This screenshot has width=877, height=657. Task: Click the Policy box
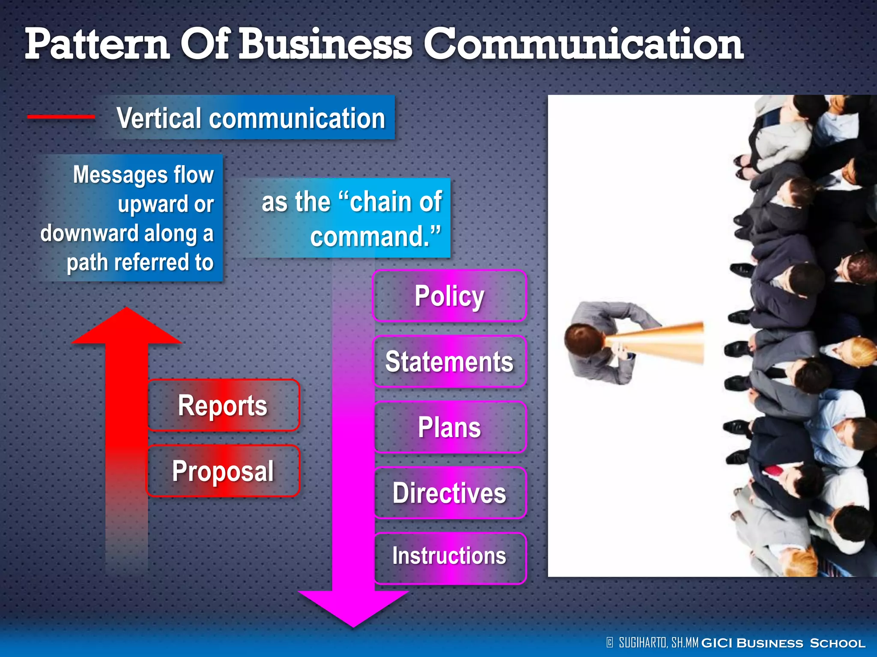coord(449,296)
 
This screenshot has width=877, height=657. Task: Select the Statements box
coord(449,361)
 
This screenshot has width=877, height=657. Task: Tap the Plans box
coord(449,427)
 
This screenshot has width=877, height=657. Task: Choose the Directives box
coord(449,493)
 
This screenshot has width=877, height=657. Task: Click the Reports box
coord(223,405)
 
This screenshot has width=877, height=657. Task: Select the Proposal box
coord(223,471)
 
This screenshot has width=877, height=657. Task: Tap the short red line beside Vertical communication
coord(61,117)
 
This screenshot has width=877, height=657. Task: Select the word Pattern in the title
coord(97,44)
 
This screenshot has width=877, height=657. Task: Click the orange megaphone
coord(662,342)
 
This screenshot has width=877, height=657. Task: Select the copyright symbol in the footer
coord(610,642)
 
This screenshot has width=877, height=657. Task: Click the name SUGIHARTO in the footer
coord(643,642)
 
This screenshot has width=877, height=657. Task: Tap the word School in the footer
coord(837,643)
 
